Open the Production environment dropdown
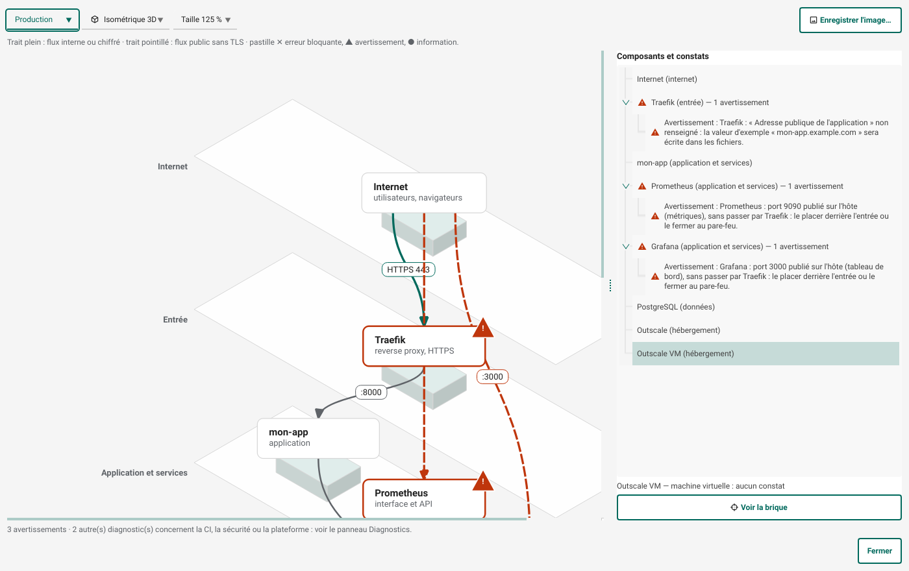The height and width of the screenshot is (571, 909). [x=42, y=19]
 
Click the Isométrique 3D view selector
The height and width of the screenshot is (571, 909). [x=126, y=19]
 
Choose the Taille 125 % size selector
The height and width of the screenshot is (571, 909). [x=205, y=19]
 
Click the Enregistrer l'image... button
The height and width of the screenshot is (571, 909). [x=850, y=20]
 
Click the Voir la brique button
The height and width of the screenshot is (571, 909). [x=759, y=507]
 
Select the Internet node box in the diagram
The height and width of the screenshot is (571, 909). [x=424, y=193]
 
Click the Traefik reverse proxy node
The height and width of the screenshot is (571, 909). [x=424, y=346]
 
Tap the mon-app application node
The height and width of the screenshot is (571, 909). [x=318, y=439]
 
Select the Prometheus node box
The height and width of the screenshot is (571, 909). [x=424, y=498]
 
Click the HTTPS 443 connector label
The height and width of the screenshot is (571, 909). [x=408, y=270]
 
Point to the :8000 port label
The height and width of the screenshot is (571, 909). [x=371, y=392]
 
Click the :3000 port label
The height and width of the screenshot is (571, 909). [x=492, y=377]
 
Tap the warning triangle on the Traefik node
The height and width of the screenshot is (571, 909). [x=483, y=328]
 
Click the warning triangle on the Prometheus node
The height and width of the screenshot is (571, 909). [x=483, y=481]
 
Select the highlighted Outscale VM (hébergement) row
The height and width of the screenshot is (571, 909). [x=766, y=354]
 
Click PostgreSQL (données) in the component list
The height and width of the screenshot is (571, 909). [x=676, y=307]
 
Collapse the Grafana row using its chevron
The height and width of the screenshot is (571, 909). [x=626, y=247]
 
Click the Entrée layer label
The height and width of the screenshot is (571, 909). [x=175, y=319]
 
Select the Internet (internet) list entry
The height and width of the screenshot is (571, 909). [x=667, y=79]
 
